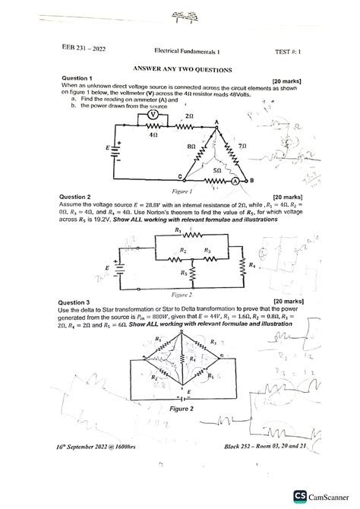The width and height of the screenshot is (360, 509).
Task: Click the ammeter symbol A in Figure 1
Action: [235, 181]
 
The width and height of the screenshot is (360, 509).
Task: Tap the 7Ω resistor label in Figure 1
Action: [242, 144]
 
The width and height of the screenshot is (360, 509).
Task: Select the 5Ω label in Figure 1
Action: [217, 172]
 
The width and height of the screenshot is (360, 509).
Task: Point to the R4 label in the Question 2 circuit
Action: [253, 265]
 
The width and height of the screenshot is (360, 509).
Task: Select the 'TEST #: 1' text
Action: [288, 51]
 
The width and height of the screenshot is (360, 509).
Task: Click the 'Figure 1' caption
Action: [182, 191]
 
